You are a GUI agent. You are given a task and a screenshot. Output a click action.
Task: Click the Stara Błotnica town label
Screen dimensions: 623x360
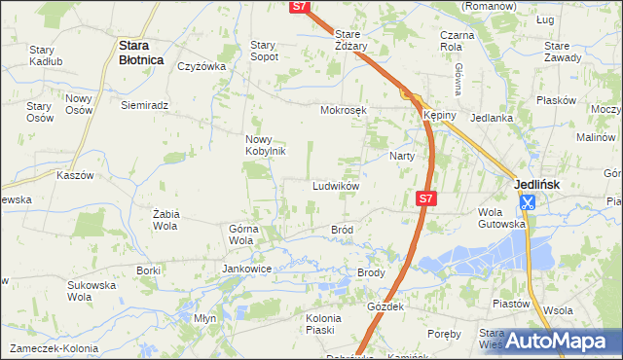tap(138, 50)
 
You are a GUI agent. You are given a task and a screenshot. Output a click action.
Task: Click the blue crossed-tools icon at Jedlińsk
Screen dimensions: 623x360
tap(527, 202)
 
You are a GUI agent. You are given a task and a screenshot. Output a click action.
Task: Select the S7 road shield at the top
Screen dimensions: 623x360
tap(301, 7)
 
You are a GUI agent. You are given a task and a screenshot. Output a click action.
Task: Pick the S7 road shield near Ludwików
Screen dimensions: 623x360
tap(425, 198)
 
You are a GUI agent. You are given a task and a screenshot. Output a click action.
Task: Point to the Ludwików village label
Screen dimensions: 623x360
tap(337, 186)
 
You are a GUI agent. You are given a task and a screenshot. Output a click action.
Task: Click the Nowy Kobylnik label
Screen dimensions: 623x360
tap(264, 145)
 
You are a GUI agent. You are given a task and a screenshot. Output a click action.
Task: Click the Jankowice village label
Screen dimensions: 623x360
tap(246, 269)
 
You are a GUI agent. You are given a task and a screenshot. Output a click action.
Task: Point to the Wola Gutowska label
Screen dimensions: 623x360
tap(501, 217)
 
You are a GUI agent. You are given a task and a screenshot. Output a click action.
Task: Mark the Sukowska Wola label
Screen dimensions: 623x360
tap(91, 292)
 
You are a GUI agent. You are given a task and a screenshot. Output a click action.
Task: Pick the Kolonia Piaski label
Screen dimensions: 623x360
tap(323, 324)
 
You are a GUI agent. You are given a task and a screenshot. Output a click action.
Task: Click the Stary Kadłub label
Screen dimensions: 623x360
tap(46, 55)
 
